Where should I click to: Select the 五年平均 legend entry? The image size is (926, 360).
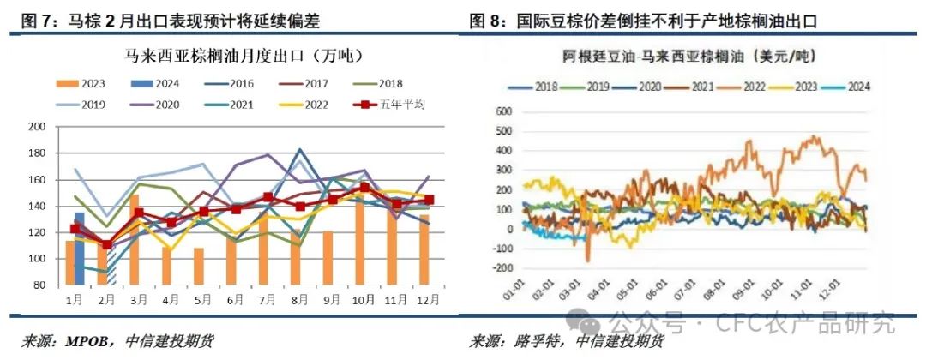tap(404, 105)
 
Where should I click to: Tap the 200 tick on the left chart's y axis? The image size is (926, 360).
tap(37, 127)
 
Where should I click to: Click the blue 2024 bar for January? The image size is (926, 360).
tap(79, 249)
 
